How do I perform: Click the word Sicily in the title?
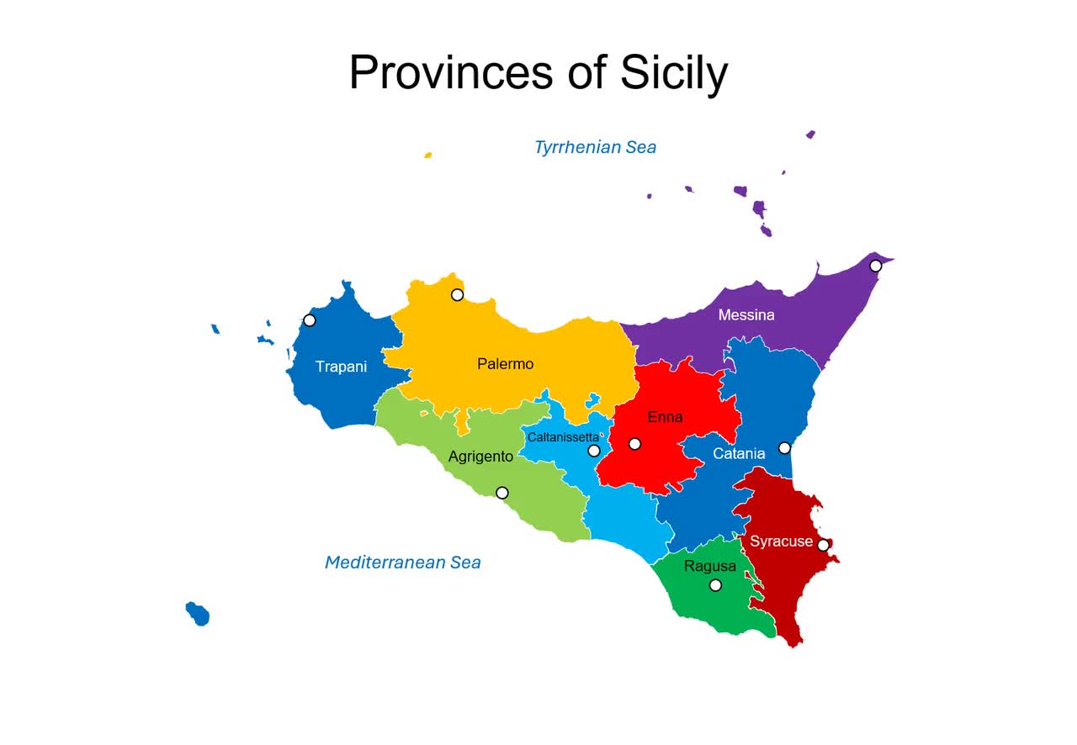[x=673, y=73]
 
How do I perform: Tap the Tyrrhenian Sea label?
[x=595, y=148]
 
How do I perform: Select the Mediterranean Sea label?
[x=402, y=563]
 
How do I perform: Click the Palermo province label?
[x=505, y=364]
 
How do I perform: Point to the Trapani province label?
[x=341, y=367]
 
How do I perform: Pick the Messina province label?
[x=746, y=315]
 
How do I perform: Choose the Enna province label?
[x=665, y=417]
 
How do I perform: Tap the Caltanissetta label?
[x=563, y=437]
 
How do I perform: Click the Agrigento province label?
[x=480, y=457]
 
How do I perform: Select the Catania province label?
[x=739, y=454]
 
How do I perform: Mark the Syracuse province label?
[x=781, y=542]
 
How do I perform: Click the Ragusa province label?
[x=709, y=566]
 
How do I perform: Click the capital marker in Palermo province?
[x=457, y=294]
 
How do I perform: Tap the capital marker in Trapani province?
[x=310, y=320]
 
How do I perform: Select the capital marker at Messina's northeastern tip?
[x=875, y=266]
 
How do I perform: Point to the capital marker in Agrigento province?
[x=502, y=493]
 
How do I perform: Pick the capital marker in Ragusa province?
[x=715, y=585]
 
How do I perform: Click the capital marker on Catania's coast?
[x=784, y=448]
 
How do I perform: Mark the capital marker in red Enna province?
[x=634, y=444]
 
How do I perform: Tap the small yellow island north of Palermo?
[x=428, y=156]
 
